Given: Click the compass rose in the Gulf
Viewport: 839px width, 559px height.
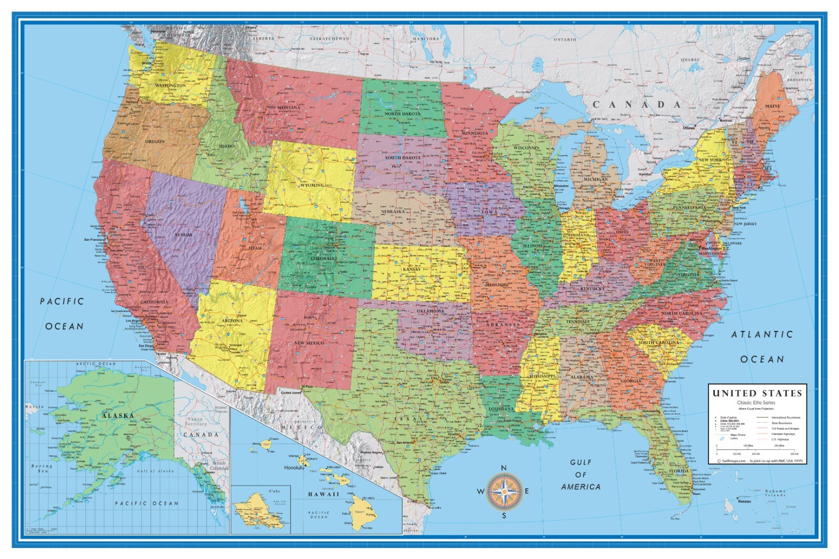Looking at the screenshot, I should (503, 491).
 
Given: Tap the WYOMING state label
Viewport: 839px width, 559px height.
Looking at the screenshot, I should (311, 186).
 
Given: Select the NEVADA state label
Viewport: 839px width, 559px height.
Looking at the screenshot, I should (183, 234).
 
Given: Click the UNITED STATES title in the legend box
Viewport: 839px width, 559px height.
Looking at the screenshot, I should (757, 393).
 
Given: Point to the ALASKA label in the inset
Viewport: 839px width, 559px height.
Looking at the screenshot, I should (118, 415).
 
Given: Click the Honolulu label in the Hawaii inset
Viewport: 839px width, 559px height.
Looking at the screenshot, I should (294, 467).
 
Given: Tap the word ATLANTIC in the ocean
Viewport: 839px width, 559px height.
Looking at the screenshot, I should (762, 334).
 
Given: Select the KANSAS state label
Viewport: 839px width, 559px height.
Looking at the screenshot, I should (412, 270).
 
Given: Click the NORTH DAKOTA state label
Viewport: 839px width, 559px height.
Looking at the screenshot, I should (402, 114).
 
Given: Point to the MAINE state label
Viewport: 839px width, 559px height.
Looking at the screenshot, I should (772, 106).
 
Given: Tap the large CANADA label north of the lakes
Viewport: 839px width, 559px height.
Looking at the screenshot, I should (637, 104).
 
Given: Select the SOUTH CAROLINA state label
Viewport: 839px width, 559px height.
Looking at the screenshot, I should (658, 342).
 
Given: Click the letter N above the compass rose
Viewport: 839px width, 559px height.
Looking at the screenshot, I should (503, 468).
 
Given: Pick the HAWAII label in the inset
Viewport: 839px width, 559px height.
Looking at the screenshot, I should (324, 494).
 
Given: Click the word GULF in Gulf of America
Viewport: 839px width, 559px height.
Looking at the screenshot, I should (580, 462).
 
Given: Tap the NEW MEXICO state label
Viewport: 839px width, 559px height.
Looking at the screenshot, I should (309, 343).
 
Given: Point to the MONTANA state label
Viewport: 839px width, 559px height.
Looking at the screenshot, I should (289, 107).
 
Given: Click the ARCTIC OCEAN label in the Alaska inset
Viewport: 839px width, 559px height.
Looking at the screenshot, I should (95, 363).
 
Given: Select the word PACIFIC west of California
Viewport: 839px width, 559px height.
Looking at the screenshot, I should (62, 301).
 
